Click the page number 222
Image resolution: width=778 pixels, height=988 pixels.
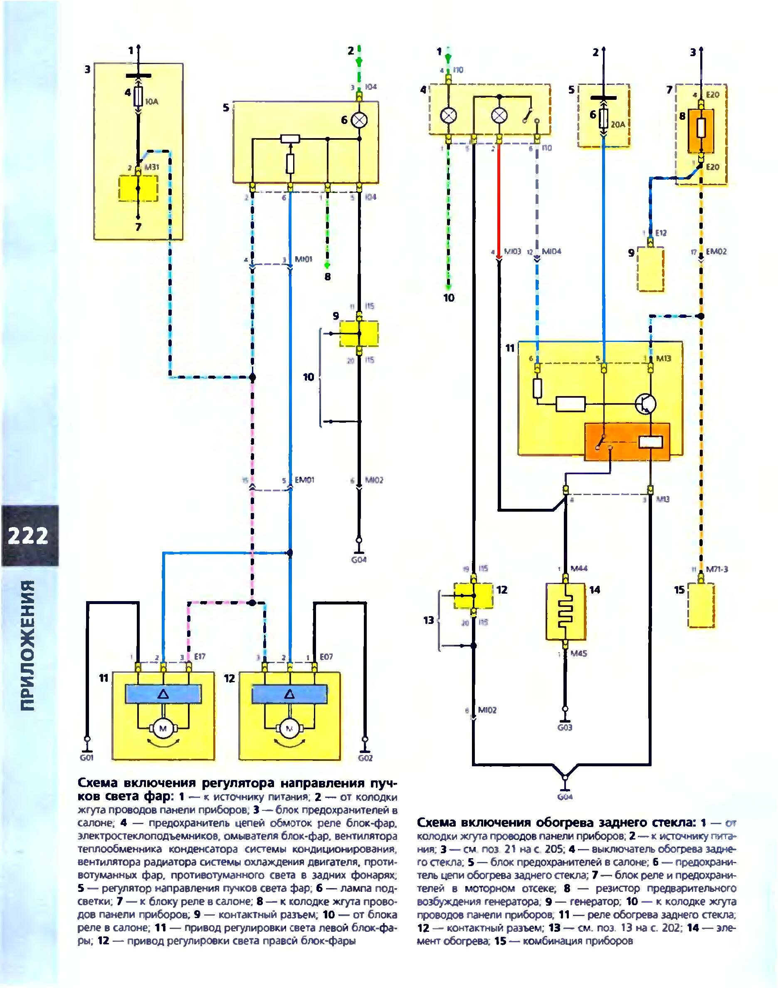coord(28,536)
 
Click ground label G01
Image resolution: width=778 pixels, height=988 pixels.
coord(86,758)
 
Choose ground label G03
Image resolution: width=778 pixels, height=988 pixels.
coord(565,727)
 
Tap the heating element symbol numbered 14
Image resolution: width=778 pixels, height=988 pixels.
coord(565,611)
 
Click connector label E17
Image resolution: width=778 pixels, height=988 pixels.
coord(200,657)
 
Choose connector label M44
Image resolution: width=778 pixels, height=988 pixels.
coord(578,569)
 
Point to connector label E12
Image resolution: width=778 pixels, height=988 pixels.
coord(660,233)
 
